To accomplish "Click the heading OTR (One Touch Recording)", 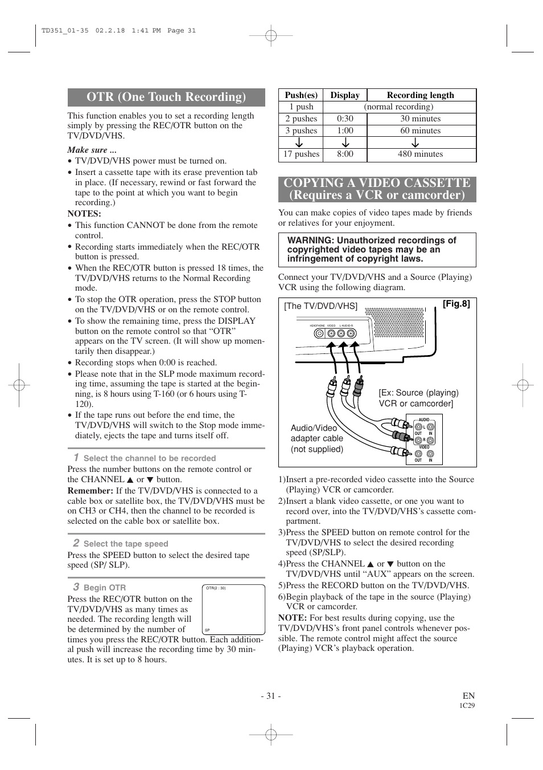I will [x=166, y=97].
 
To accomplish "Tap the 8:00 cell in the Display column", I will [x=345, y=154].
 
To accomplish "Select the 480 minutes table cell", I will [x=420, y=154].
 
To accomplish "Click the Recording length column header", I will [x=420, y=95].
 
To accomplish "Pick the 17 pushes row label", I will [x=301, y=154].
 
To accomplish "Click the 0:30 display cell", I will [x=345, y=119].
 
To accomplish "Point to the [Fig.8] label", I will [x=456, y=304].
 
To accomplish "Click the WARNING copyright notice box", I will [x=377, y=250].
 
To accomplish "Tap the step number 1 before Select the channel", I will [x=76, y=457].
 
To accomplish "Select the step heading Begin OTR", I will [x=105, y=588].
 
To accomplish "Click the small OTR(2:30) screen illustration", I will [x=233, y=610].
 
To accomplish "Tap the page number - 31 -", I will [x=271, y=695].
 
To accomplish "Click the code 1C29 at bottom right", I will [x=467, y=706].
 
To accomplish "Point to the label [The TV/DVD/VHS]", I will [x=321, y=306].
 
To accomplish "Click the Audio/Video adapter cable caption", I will [x=317, y=438].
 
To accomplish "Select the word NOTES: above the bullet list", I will [x=84, y=214].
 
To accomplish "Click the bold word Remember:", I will [x=90, y=491].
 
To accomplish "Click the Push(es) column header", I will [x=301, y=95].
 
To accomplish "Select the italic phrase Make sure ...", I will [x=92, y=150].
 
